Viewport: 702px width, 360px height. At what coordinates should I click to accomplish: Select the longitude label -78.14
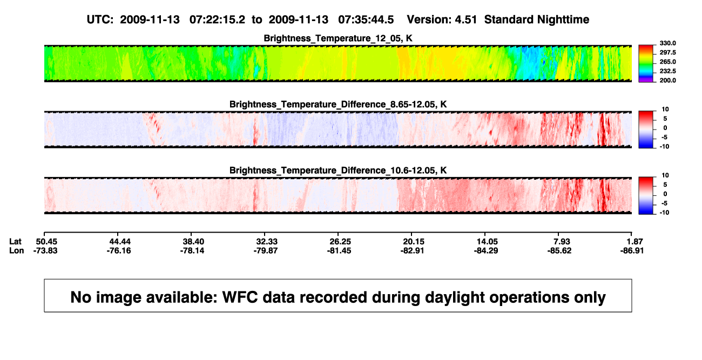point(192,251)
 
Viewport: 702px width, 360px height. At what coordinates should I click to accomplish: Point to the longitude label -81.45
point(339,251)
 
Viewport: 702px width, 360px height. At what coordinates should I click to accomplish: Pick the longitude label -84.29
point(486,251)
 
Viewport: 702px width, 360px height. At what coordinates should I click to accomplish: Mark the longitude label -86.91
point(632,251)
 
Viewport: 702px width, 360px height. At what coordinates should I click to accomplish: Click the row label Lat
point(15,242)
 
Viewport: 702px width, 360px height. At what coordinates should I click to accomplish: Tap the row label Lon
point(17,251)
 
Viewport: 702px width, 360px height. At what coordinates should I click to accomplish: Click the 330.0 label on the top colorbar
point(667,43)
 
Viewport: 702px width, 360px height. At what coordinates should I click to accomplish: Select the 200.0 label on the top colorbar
point(667,80)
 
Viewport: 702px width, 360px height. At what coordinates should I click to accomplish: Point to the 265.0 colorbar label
point(667,62)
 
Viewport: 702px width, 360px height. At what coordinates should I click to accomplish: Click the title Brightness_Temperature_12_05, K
point(338,38)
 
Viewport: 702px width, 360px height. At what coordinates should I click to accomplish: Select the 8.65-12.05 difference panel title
point(338,104)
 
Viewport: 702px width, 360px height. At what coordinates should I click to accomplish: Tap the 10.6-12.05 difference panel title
point(338,171)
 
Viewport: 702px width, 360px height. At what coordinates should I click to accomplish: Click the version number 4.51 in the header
point(465,20)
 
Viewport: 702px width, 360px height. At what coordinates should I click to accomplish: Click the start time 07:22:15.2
point(217,20)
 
